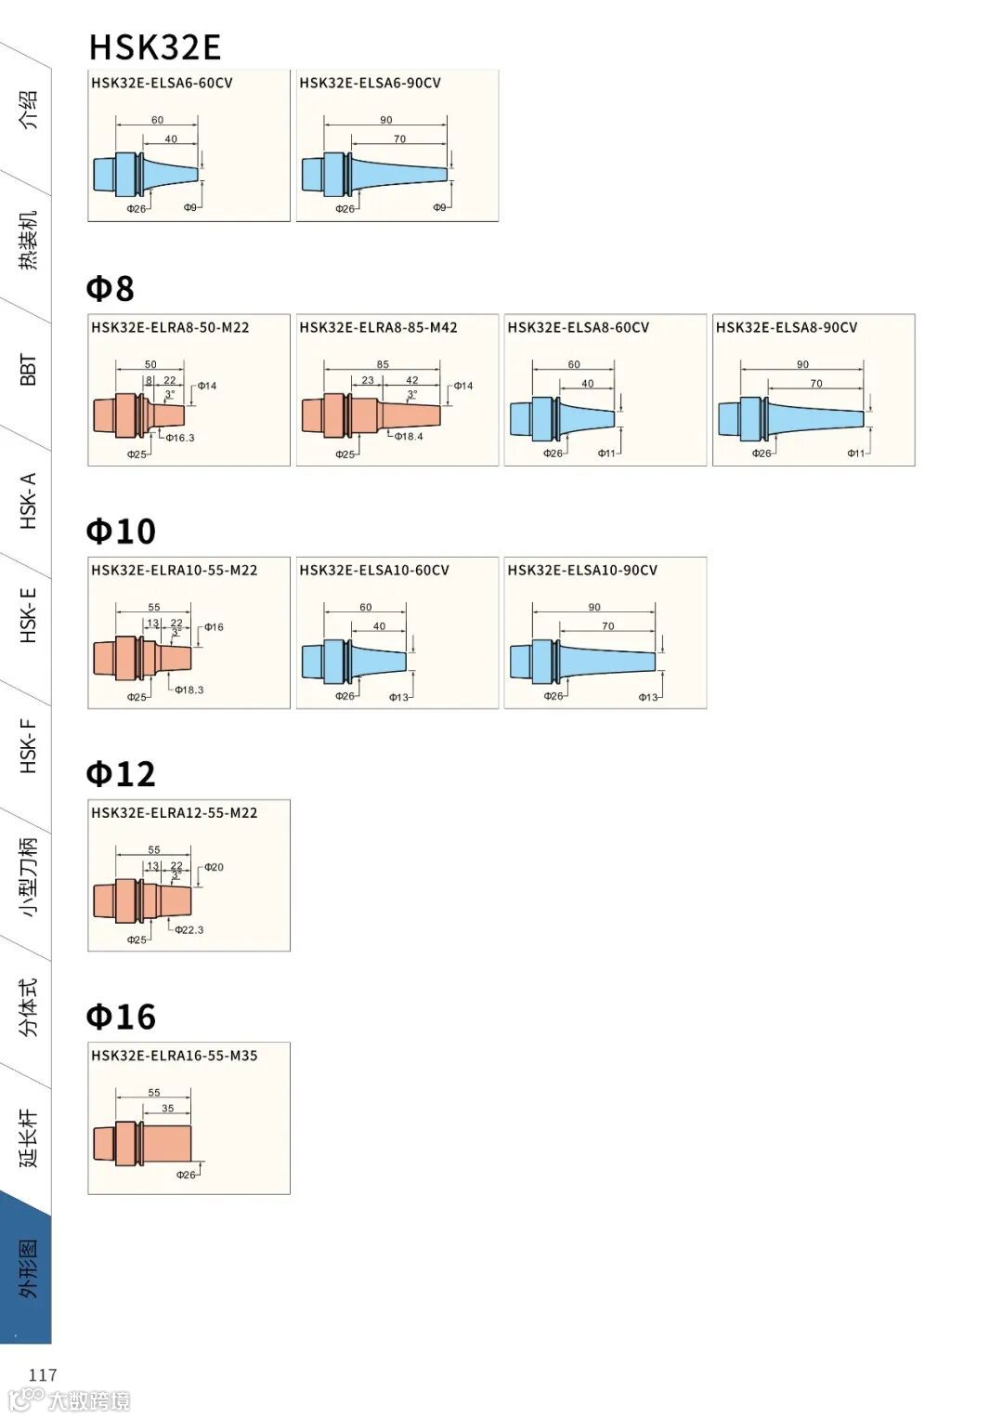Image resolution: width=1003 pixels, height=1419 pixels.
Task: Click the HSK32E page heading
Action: [x=154, y=46]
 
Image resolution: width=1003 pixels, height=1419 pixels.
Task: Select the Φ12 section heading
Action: [x=121, y=773]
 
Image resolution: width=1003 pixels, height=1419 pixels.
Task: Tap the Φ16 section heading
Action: [x=121, y=1016]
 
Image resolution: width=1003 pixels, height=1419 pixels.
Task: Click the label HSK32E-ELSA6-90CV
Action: [x=370, y=83]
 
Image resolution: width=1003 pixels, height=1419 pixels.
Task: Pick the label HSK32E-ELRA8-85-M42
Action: [x=378, y=327]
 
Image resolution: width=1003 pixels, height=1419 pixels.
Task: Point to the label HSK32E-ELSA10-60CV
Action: [x=373, y=570]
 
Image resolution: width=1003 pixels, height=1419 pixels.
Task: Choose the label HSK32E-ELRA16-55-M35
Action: [x=174, y=1056]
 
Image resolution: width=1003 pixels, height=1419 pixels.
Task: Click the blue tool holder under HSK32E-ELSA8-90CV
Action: [x=789, y=417]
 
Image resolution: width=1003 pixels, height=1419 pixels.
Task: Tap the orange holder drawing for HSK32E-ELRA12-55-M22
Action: [x=142, y=900]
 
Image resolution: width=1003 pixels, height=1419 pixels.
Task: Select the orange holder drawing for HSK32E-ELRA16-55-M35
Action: [x=142, y=1143]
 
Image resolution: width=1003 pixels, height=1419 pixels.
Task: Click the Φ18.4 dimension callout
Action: [x=408, y=436]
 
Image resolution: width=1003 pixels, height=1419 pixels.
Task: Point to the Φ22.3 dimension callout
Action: [x=189, y=929]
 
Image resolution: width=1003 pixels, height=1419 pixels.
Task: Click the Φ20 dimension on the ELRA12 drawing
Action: [x=214, y=867]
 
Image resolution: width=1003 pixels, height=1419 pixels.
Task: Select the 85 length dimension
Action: [x=383, y=364]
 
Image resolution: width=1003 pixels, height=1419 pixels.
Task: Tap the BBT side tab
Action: [x=28, y=369]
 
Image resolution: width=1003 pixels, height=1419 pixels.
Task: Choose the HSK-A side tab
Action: [x=28, y=500]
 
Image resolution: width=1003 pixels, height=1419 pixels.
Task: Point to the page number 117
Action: [x=43, y=1374]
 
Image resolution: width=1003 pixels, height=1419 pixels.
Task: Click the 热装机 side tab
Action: [x=28, y=240]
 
